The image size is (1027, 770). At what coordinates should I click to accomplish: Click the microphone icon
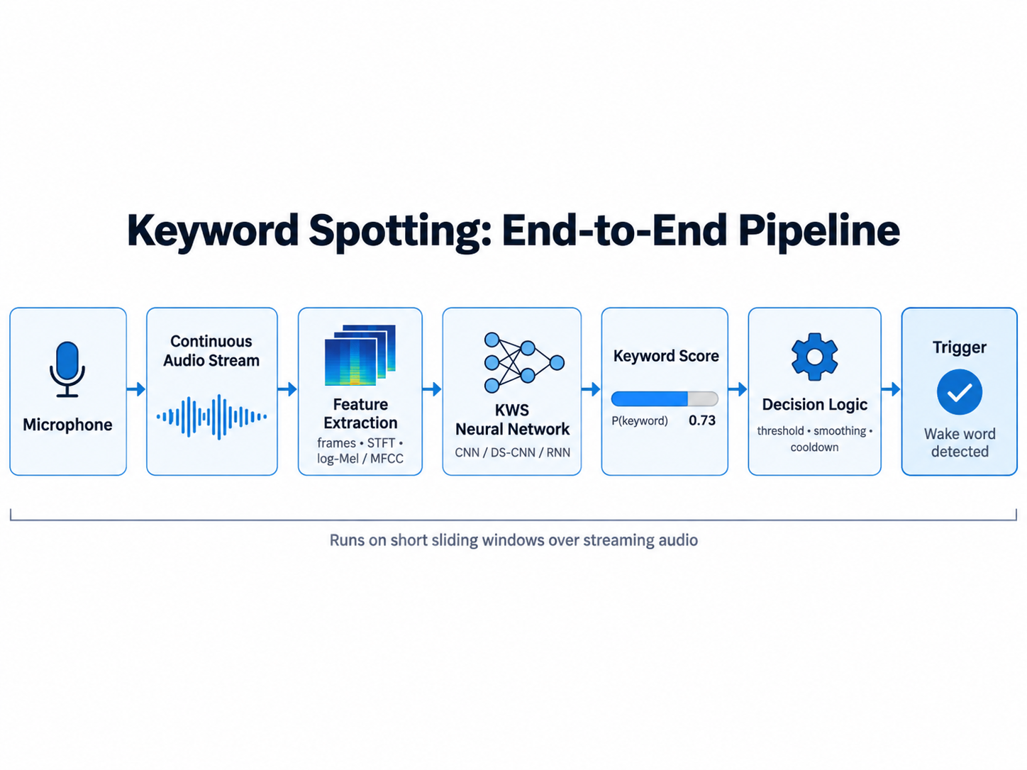click(x=67, y=369)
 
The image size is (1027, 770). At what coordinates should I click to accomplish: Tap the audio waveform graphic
click(x=211, y=417)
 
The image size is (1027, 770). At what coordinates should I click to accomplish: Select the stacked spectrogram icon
click(x=360, y=355)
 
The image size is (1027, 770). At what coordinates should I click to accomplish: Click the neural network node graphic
click(x=524, y=362)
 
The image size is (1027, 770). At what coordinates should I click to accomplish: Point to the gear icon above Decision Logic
click(x=815, y=357)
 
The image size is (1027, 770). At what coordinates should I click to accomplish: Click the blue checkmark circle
click(x=959, y=392)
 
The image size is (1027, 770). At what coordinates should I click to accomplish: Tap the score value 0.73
click(x=702, y=420)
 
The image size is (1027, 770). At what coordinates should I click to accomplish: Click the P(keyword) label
click(x=640, y=420)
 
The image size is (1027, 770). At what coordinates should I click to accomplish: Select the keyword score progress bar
click(x=665, y=398)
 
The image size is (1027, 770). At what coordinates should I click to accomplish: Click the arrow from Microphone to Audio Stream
click(x=136, y=389)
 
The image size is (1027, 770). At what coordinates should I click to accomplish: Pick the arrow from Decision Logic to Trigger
click(x=891, y=389)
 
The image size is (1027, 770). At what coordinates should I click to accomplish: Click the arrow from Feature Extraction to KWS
click(x=432, y=389)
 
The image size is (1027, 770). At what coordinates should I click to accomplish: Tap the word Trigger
click(x=959, y=347)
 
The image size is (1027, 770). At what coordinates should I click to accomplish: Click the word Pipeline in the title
click(x=818, y=231)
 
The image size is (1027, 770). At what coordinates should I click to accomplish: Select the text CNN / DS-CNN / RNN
click(x=512, y=452)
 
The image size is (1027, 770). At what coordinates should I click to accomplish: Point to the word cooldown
click(x=815, y=447)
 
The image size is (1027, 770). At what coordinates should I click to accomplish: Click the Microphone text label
click(x=67, y=425)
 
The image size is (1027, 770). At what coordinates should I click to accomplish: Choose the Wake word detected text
click(x=960, y=442)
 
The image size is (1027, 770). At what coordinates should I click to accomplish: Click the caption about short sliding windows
click(x=513, y=540)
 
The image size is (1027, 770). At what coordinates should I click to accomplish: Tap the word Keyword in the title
click(x=213, y=231)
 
